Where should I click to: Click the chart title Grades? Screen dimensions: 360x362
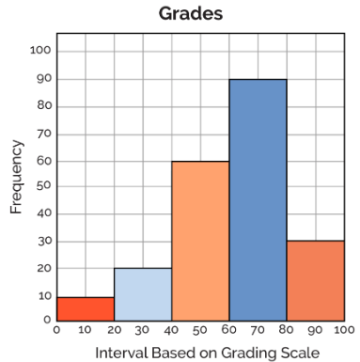coord(191,14)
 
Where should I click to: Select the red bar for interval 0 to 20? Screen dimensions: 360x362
coord(86,309)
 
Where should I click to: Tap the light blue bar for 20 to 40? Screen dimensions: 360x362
coord(143,294)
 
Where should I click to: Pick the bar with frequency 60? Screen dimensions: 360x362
coord(200,241)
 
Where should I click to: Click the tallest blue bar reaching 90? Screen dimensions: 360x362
coord(258,200)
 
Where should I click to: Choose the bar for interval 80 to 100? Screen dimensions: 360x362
coord(316,281)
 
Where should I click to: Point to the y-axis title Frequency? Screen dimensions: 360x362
coord(16,177)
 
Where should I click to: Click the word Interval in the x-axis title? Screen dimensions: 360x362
coord(121,353)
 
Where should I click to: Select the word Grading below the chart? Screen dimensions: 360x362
coord(249,354)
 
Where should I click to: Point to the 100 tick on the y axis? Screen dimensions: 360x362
coord(40,50)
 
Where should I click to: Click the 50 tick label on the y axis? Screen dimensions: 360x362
coord(44,185)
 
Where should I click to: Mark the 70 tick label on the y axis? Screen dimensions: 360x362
coord(44,134)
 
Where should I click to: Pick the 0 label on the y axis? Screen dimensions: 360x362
coord(47,320)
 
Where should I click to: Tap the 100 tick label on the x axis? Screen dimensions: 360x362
coord(344,330)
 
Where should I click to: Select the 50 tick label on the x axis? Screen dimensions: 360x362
coord(200,330)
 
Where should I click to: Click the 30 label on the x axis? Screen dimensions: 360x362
coord(142,330)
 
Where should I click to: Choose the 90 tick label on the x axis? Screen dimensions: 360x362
coord(315,330)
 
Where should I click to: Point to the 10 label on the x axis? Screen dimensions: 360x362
coord(85,330)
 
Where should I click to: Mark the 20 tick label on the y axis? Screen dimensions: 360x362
coord(44,268)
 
